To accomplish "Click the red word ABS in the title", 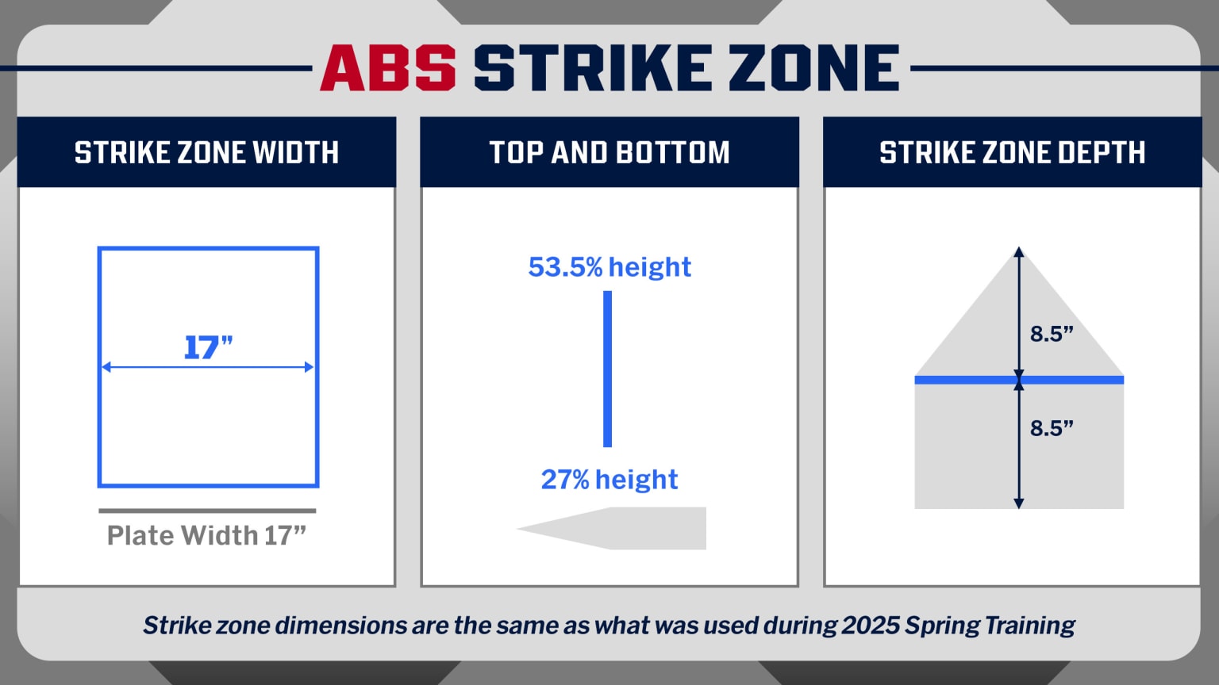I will click(x=387, y=68).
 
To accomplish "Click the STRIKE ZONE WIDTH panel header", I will click(x=206, y=152).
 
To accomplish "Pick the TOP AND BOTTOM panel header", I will click(x=609, y=152).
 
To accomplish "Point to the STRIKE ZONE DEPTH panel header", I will click(x=1012, y=152).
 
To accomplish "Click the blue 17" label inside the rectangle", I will click(x=208, y=347).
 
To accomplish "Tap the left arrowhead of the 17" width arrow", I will click(x=106, y=367).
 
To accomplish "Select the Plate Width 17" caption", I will click(x=206, y=536).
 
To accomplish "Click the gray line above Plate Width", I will click(x=207, y=511).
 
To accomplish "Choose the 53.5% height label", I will click(x=609, y=267).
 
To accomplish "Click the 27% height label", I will click(x=609, y=480).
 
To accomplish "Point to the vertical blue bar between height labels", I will click(x=607, y=369).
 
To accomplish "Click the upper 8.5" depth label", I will click(x=1052, y=334).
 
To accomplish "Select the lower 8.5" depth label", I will click(x=1052, y=428).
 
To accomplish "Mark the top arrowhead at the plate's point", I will click(x=1019, y=252).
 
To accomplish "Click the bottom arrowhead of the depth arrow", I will click(x=1019, y=503).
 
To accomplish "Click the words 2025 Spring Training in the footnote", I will click(x=958, y=626).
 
